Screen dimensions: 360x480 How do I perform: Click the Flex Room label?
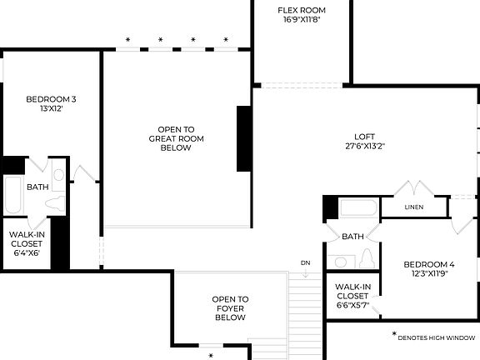301,10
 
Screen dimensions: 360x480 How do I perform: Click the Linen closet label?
413,207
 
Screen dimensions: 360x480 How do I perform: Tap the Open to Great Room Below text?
176,138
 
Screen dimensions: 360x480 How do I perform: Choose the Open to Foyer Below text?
230,308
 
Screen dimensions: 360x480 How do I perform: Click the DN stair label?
305,263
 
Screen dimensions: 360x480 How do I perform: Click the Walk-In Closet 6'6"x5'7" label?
352,295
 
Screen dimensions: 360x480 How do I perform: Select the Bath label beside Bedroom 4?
352,236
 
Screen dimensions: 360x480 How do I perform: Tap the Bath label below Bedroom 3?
37,187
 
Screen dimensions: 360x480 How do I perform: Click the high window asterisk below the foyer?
211,355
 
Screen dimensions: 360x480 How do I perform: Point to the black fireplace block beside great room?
244,139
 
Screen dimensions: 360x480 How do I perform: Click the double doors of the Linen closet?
416,188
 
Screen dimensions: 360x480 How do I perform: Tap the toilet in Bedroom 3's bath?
56,203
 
